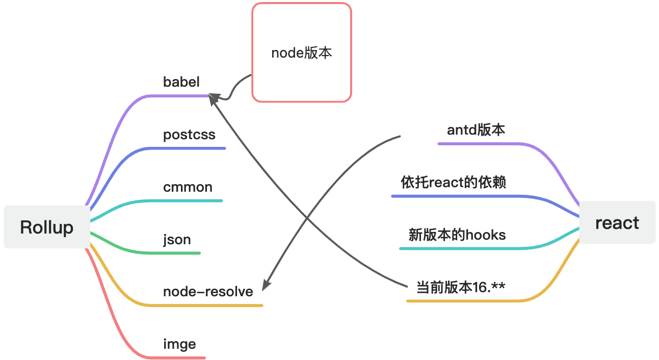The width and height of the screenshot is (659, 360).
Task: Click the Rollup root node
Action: [x=47, y=227]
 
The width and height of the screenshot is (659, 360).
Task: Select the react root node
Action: [x=617, y=223]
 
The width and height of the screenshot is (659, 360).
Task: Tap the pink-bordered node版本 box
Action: [x=302, y=53]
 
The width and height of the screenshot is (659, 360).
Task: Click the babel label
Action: [x=181, y=82]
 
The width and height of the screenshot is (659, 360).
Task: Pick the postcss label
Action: [x=189, y=135]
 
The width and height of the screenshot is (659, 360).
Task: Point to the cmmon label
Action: [x=188, y=187]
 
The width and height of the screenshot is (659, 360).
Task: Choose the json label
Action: [x=177, y=239]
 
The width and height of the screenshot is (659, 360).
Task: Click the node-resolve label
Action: [x=208, y=291]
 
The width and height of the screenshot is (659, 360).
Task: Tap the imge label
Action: [x=179, y=344]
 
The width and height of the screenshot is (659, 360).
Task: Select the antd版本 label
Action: [x=476, y=130]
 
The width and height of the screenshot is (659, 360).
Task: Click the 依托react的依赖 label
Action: [x=454, y=182]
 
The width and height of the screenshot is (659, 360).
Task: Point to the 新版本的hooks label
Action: [x=457, y=235]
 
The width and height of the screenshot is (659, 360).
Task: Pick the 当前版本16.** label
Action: [x=461, y=288]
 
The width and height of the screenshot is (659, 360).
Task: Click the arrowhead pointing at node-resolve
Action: [x=265, y=286]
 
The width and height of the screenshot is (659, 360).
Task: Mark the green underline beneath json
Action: [x=173, y=253]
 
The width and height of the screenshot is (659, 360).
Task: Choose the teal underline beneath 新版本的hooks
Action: [x=459, y=248]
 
